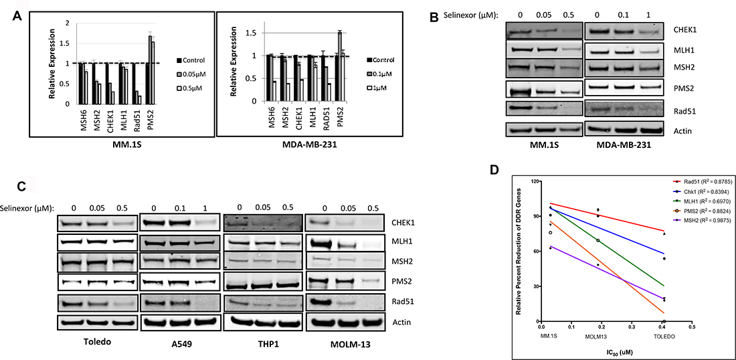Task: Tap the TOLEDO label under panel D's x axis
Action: point(663,337)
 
